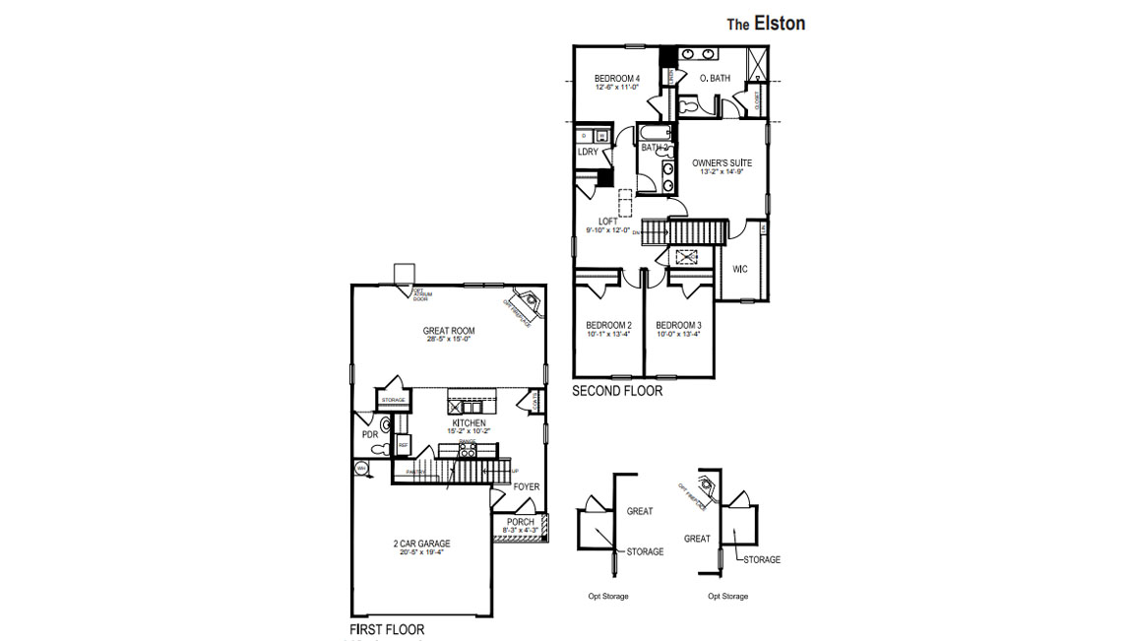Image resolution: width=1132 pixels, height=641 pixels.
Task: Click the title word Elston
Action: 780,24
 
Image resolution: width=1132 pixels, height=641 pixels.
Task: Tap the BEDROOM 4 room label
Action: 617,79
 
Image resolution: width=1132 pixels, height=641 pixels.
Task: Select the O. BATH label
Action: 714,79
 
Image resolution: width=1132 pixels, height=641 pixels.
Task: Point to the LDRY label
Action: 588,152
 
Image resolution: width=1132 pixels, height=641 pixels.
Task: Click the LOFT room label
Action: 608,222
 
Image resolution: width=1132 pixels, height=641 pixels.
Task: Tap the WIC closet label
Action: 740,268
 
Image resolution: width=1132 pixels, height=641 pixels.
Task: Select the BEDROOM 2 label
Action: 608,325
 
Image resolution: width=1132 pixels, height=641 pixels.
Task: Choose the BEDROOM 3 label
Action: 678,325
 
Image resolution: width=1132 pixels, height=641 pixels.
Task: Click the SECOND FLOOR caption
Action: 617,391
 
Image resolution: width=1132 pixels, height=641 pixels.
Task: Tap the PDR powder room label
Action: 370,434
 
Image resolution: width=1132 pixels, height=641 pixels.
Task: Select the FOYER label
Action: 526,486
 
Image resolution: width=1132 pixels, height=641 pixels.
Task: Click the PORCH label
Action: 520,522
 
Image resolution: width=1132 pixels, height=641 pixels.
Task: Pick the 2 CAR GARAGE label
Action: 421,544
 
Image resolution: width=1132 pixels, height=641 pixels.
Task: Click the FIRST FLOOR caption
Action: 387,628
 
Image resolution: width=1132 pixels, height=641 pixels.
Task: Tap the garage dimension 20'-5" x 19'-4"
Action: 421,552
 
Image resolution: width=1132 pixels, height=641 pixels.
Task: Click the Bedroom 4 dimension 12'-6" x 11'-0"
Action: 617,88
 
